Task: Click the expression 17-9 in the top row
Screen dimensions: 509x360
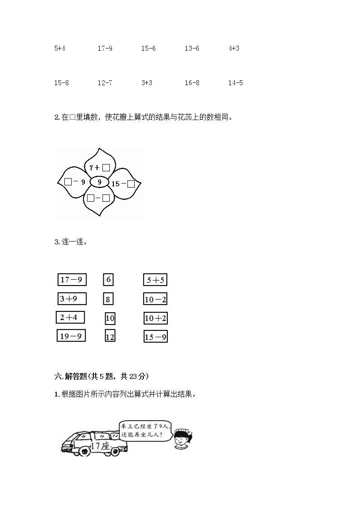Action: pos(105,48)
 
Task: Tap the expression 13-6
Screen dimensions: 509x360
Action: pos(192,48)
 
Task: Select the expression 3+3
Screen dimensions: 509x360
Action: pos(146,83)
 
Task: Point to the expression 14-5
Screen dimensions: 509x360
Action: pos(235,83)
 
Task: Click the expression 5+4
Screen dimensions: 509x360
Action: pos(60,48)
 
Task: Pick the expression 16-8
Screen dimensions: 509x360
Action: pos(192,83)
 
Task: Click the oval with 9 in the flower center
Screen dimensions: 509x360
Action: pos(99,182)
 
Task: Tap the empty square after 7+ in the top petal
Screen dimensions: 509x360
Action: pos(106,168)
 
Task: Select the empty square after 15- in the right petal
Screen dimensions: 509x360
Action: pos(131,184)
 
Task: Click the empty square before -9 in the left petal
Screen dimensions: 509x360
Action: pos(68,182)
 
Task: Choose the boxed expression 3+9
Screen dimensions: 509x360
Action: pos(72,299)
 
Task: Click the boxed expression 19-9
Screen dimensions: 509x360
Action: pos(71,336)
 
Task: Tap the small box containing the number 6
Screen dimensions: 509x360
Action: pos(108,280)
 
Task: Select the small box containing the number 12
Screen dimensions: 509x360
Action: pos(110,336)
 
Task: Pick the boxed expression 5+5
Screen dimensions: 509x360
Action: pos(155,280)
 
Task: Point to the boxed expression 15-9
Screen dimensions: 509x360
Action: pos(156,337)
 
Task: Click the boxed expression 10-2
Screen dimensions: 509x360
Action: pos(155,299)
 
